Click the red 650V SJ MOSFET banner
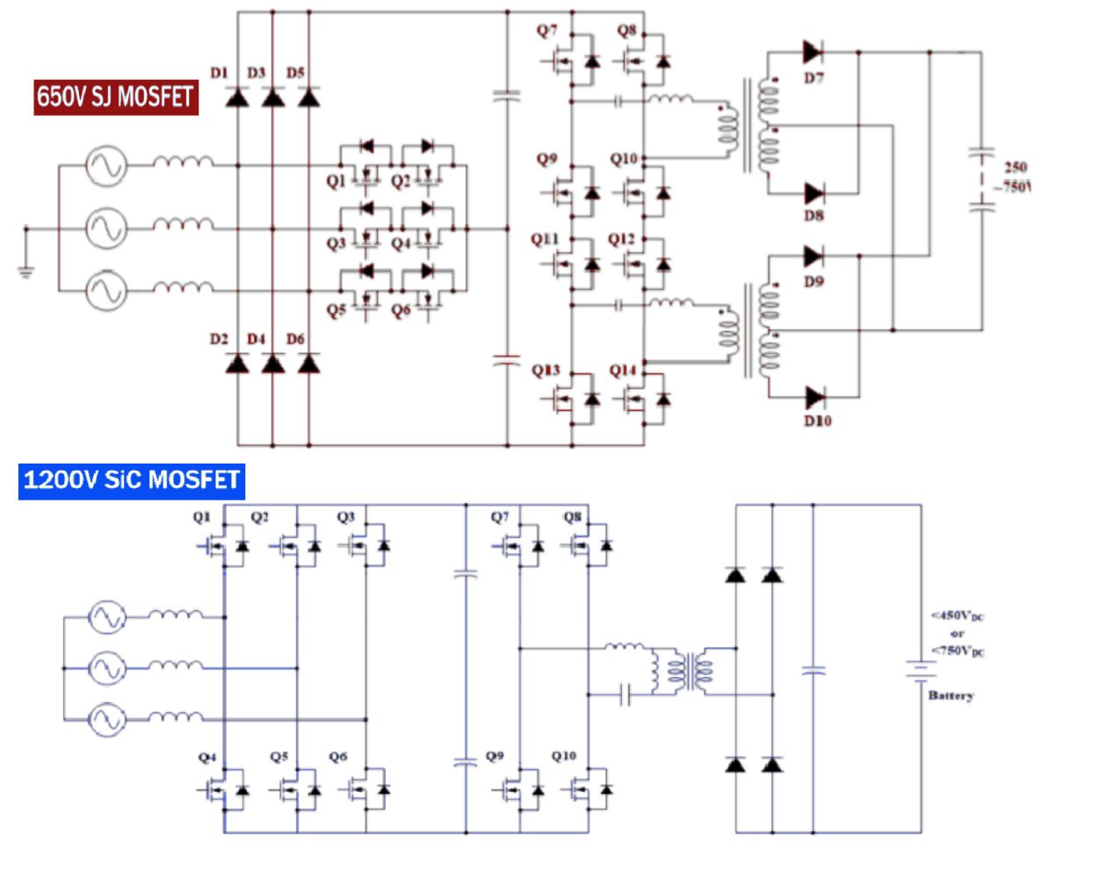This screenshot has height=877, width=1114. click(115, 97)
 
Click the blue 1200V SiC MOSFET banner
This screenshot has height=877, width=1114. click(131, 480)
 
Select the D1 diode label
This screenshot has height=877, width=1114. click(219, 73)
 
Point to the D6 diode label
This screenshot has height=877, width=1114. click(295, 339)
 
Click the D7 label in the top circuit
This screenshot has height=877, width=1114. click(814, 78)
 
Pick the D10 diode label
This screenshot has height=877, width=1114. click(817, 421)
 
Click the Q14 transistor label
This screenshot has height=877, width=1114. click(623, 370)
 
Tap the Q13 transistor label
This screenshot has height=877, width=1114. click(545, 370)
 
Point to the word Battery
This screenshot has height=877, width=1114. click(951, 695)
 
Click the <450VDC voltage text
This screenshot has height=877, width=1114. click(958, 615)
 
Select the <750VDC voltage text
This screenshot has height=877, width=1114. click(958, 651)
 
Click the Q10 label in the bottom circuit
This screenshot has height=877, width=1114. click(564, 756)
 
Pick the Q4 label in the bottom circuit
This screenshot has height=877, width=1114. click(207, 757)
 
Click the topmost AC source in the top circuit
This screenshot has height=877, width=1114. click(106, 165)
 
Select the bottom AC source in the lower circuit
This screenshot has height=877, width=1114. click(107, 720)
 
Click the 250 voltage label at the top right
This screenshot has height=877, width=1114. click(1016, 167)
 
